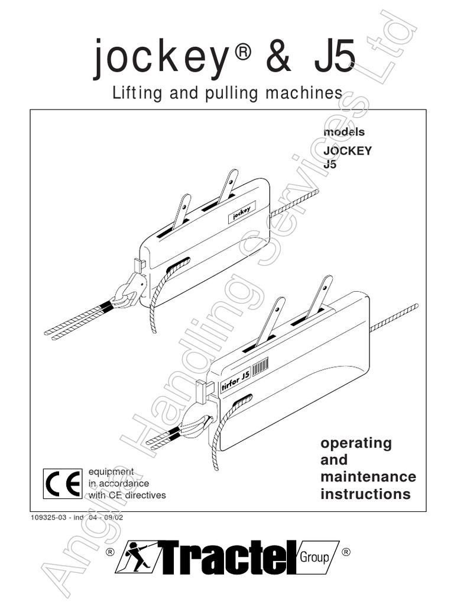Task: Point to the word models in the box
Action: click(x=343, y=133)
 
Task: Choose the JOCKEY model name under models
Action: click(x=347, y=150)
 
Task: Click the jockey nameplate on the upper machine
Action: click(x=241, y=212)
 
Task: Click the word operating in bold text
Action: click(x=356, y=443)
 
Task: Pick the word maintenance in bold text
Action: click(x=368, y=476)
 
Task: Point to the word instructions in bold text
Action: click(x=365, y=494)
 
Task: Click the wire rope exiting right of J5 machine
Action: click(x=393, y=318)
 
